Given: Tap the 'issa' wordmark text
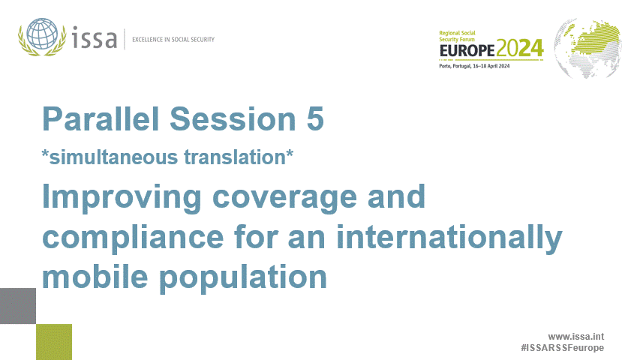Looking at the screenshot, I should click(96, 37).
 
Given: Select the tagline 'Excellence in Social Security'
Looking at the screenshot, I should click(173, 39).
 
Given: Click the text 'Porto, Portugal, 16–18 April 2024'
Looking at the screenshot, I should click(474, 67).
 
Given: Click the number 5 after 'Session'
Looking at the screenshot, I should click(314, 119).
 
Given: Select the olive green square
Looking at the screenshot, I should click(54, 341).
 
